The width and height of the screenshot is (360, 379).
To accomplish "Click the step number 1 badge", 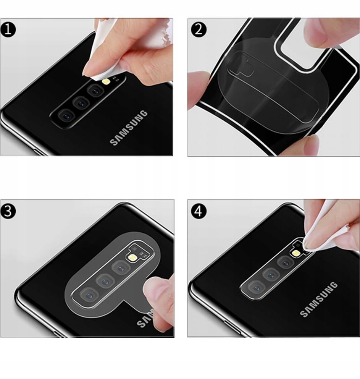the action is (8, 29).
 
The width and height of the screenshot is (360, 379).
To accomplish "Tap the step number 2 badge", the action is (199, 29).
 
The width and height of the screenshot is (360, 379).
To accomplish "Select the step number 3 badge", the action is (8, 211).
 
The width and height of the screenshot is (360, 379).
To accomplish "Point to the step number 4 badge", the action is (199, 211).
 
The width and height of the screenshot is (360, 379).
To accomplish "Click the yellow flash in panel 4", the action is (295, 253).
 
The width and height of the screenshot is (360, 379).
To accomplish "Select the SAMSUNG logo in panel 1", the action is (129, 128).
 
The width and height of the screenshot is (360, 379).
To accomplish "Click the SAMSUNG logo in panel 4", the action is (319, 299).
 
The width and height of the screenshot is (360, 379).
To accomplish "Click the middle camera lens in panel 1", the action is (81, 104).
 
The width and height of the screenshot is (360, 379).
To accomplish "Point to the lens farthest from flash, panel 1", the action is (66, 116).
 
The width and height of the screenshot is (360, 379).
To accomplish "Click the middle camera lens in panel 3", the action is (105, 281).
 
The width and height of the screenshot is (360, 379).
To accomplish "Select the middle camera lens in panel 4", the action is (271, 275).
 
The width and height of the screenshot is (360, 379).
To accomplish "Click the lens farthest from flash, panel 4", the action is (257, 288).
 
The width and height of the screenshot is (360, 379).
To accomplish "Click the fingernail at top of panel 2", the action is (314, 34).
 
